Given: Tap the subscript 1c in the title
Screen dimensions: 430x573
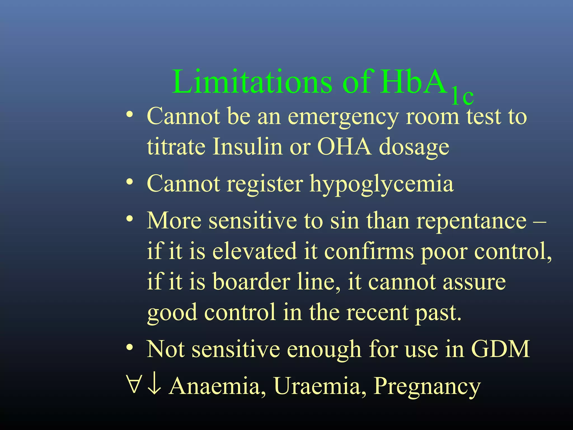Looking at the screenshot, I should [x=462, y=97].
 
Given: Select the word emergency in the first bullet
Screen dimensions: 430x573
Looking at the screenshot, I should [x=343, y=117].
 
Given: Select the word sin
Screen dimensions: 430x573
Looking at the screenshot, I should [x=344, y=221].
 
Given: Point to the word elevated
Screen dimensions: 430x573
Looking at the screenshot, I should [x=254, y=251].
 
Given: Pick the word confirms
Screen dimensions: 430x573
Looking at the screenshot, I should [x=369, y=251].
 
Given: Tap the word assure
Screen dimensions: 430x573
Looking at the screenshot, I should [x=474, y=282].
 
